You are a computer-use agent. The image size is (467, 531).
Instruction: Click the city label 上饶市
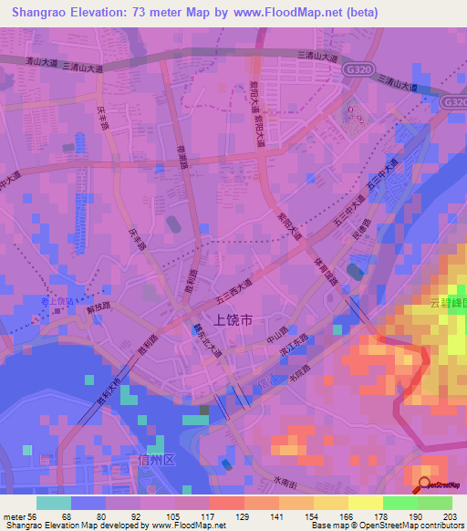(x=233, y=320)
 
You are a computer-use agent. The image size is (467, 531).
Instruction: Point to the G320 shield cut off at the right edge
(x=456, y=103)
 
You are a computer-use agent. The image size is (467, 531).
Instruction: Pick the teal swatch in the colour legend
(x=54, y=503)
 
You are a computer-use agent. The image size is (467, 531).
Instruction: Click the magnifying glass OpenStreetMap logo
(x=423, y=484)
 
